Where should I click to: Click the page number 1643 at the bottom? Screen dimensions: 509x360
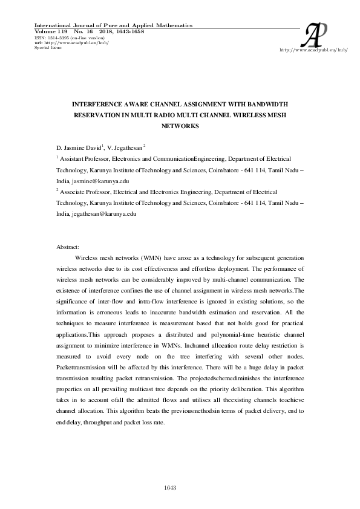pos(170,488)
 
